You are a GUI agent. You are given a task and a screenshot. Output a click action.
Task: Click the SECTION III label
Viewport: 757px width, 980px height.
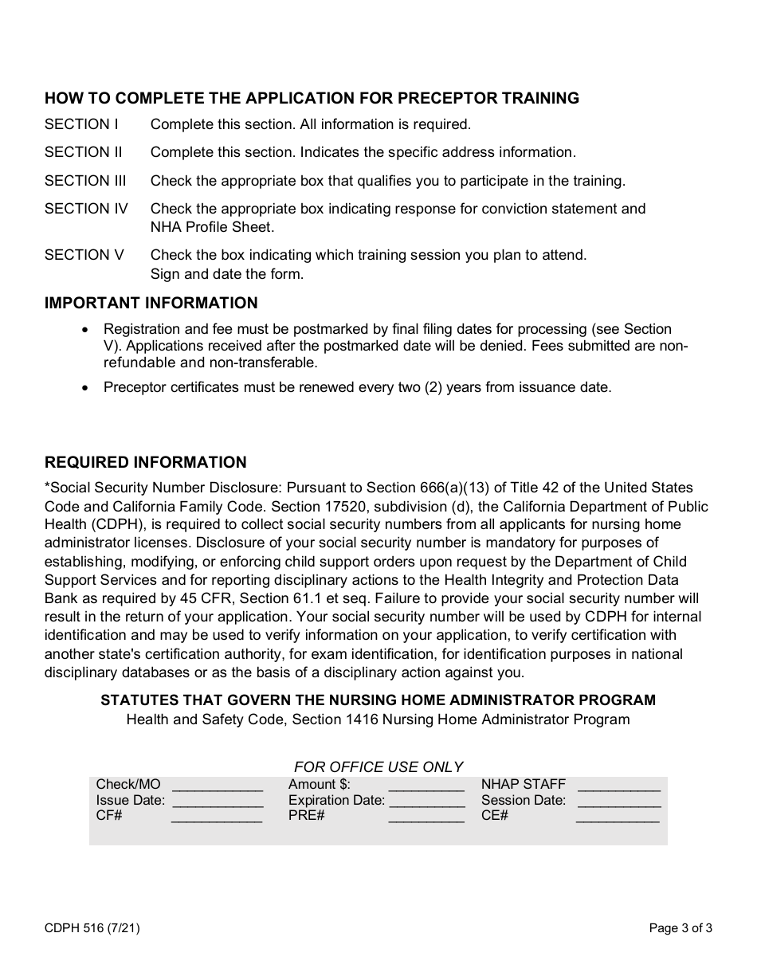[x=85, y=181]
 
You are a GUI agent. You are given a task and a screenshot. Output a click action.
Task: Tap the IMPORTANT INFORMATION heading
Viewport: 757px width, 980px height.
[x=151, y=304]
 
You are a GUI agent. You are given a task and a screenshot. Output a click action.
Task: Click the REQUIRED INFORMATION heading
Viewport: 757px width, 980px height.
[x=146, y=463]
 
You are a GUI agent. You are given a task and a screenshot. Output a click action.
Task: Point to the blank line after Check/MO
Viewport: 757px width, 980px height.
[x=217, y=786]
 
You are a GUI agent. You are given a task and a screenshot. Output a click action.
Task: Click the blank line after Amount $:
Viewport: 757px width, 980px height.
[x=426, y=786]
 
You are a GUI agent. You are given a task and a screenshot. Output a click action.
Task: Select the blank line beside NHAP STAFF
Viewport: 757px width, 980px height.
[x=618, y=786]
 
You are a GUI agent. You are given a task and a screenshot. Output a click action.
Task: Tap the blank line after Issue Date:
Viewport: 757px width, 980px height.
[x=217, y=802]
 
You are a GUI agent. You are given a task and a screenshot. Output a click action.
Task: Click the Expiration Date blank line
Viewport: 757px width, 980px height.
[x=426, y=802]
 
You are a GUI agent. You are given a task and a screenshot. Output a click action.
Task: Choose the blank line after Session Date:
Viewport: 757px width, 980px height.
[x=618, y=802]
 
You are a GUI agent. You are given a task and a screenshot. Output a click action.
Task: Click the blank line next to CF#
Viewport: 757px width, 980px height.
[x=217, y=817]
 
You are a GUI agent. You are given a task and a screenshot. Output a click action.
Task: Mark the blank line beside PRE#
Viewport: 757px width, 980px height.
[x=426, y=817]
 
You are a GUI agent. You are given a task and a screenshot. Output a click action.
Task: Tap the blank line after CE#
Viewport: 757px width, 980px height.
[x=618, y=817]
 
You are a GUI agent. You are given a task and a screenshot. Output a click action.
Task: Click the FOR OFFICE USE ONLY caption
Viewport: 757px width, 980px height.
[x=378, y=767]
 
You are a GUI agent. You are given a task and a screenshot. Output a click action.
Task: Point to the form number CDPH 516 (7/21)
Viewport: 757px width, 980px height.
[x=92, y=927]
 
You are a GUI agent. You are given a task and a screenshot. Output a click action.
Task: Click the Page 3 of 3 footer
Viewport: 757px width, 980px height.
[x=681, y=927]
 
